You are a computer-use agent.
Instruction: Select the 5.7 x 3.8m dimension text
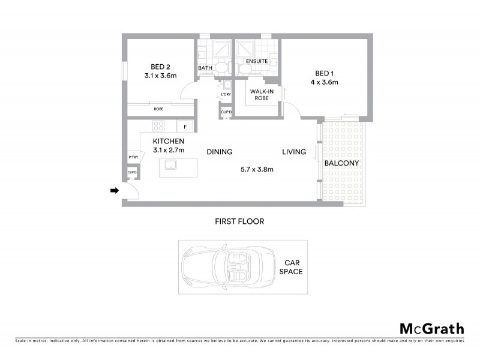(x=257, y=169)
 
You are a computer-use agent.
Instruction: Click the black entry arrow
(x=115, y=191)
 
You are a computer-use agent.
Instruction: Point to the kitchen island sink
(x=170, y=165)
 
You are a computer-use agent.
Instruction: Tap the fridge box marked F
(x=185, y=127)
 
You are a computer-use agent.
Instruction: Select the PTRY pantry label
(x=133, y=157)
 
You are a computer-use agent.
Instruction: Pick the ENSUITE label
(x=256, y=61)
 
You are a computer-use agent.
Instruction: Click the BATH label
(x=205, y=68)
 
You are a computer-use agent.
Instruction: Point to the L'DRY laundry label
(x=226, y=95)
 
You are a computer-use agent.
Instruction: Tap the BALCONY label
(x=341, y=163)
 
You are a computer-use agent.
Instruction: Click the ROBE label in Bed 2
(x=158, y=109)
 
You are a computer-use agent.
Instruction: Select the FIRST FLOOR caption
(x=239, y=221)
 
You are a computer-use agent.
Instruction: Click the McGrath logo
(x=431, y=328)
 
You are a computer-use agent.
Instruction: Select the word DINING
(x=220, y=152)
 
